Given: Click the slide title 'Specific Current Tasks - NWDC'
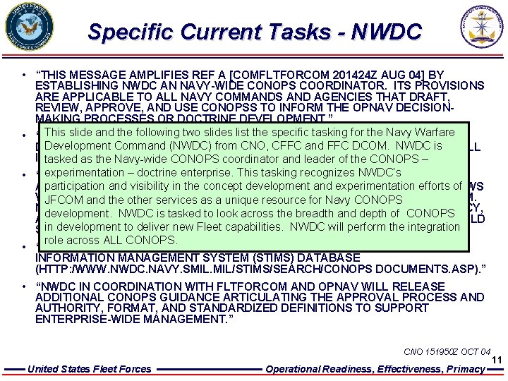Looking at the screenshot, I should click(x=255, y=32).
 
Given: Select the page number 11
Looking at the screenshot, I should click(x=496, y=360).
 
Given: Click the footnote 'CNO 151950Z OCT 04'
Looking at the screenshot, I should click(x=447, y=351).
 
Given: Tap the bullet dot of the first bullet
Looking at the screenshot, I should click(x=24, y=75).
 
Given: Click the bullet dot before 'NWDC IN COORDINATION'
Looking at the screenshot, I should click(x=24, y=286).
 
